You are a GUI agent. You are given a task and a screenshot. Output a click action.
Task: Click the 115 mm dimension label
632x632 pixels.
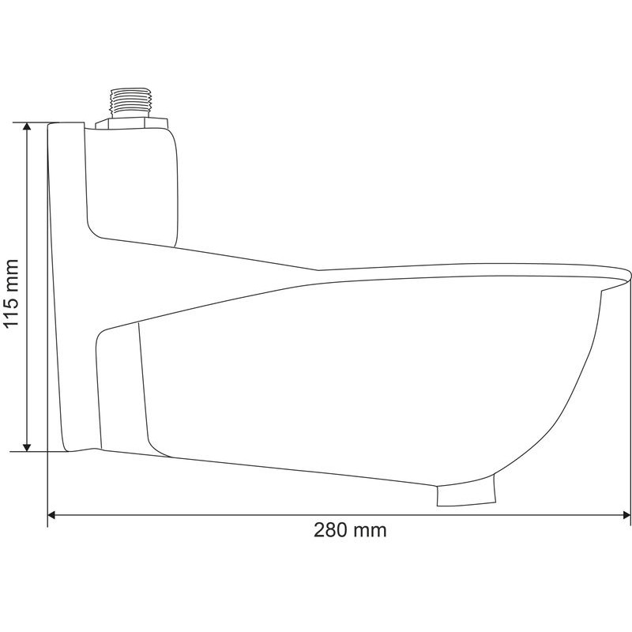[x=10, y=292]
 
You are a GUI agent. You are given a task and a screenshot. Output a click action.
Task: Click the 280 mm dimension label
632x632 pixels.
[x=350, y=529]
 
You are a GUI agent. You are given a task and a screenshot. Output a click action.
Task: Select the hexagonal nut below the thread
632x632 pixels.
[x=131, y=123]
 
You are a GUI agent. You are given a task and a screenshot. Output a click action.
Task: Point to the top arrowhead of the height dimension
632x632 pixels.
[x=27, y=126]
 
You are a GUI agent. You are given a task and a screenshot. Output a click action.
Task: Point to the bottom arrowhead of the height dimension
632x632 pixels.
[x=27, y=447]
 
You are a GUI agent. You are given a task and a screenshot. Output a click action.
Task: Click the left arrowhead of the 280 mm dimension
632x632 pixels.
[x=52, y=515]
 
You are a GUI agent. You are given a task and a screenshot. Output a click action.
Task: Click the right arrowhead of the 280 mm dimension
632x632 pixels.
[x=626, y=515]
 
